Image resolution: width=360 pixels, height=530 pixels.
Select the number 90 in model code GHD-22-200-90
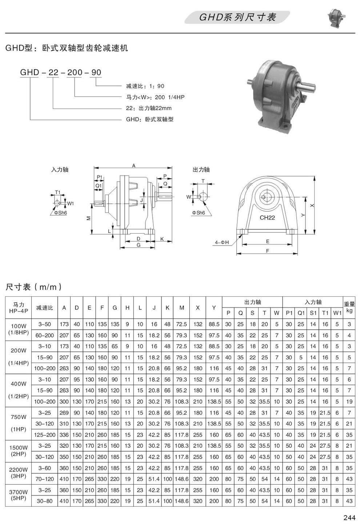point(96,72)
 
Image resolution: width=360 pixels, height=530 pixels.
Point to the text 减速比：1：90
point(145,86)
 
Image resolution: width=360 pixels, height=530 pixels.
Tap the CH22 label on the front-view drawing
point(267,218)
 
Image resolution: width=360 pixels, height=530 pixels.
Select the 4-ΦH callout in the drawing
point(222,242)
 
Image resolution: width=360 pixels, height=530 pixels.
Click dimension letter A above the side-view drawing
point(133,166)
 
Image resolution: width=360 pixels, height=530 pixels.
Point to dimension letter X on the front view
point(312,205)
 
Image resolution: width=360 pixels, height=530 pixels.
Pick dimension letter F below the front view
point(267,251)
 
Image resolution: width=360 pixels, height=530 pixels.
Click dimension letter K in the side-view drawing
point(161,239)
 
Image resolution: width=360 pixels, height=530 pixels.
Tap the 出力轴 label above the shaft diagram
point(201,170)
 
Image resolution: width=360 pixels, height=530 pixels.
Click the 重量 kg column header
point(349,307)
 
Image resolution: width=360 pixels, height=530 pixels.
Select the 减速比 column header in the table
point(44,308)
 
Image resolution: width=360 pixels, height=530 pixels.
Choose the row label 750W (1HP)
point(19,423)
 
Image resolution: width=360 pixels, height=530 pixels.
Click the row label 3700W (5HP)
point(19,495)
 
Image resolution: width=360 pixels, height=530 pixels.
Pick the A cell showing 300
point(64,402)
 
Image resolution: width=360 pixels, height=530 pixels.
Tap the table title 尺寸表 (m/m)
point(33,287)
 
